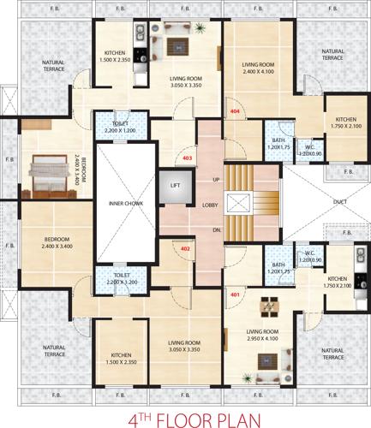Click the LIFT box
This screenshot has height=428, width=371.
coord(175,185)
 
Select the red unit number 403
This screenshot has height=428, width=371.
coord(188,158)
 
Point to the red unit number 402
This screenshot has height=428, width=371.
coord(185,249)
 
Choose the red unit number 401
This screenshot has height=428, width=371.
coord(234,294)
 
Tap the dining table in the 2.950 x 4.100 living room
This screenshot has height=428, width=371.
coord(269,306)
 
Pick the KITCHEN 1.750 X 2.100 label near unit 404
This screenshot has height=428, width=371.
coord(346,123)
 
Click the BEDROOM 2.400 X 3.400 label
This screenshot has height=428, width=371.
coord(57,242)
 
